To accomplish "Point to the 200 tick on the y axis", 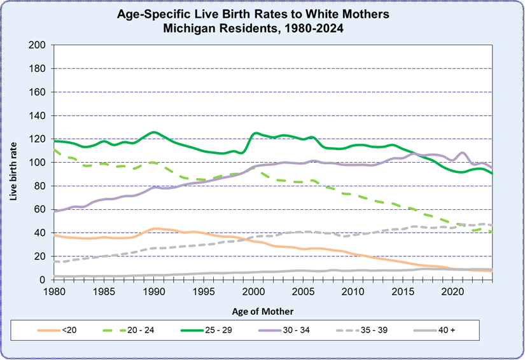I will pos(38,45).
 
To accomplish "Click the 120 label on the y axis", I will pos(38,139).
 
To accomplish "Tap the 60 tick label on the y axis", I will pos(40,209).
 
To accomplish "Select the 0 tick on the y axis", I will pos(43,280).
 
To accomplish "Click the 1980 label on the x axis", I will pos(53,291).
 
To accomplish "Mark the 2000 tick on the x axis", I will pos(254,291).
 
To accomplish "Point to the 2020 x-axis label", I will pos(452,291).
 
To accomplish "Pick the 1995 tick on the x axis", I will pos(203,291).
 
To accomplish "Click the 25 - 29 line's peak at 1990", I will pos(153,132).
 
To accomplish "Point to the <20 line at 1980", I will pos(53,235).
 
